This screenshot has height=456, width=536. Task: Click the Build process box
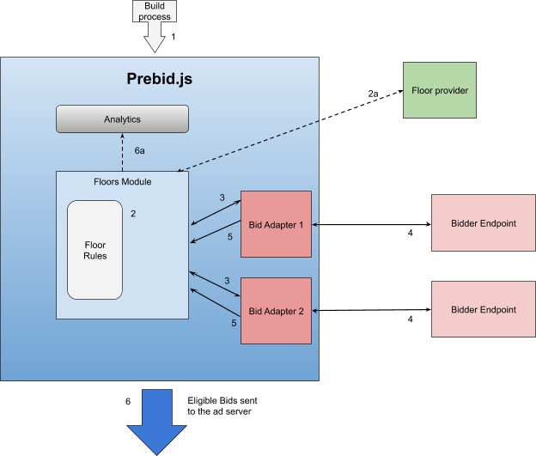155,10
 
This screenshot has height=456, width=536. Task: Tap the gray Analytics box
122,119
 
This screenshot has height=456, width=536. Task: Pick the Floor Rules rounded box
94,250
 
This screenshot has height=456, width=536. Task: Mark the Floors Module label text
122,182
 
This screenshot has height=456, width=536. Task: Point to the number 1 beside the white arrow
174,37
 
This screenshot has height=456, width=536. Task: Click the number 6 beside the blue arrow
128,401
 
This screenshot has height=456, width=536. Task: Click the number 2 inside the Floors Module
133,213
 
